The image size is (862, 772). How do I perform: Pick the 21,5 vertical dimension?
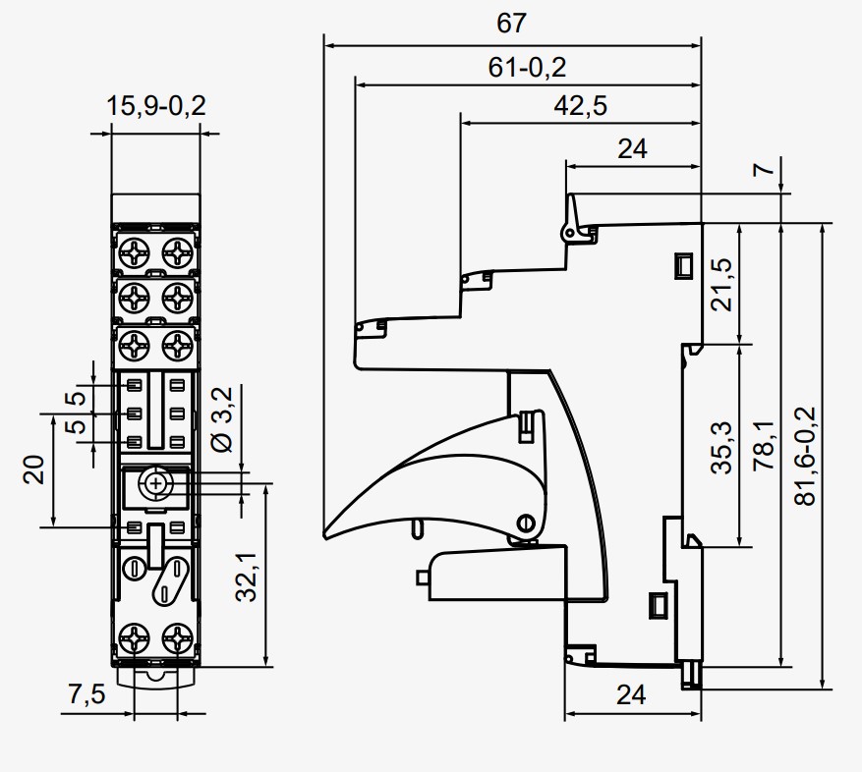tap(722, 285)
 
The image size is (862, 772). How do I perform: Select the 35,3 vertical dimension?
tap(722, 448)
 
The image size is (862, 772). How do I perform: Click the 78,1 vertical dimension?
tap(765, 447)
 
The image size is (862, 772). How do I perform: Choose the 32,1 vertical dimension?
tap(248, 575)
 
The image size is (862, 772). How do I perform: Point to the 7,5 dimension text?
tap(86, 694)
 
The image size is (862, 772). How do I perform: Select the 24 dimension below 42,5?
tap(632, 148)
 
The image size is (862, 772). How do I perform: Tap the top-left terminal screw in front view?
tap(135, 252)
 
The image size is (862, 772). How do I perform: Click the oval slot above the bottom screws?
tap(169, 581)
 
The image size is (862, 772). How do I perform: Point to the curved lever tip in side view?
tap(328, 533)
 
